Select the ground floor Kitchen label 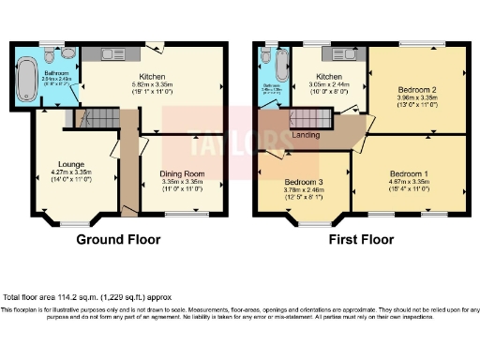click(x=152, y=76)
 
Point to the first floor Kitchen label click(x=328, y=75)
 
